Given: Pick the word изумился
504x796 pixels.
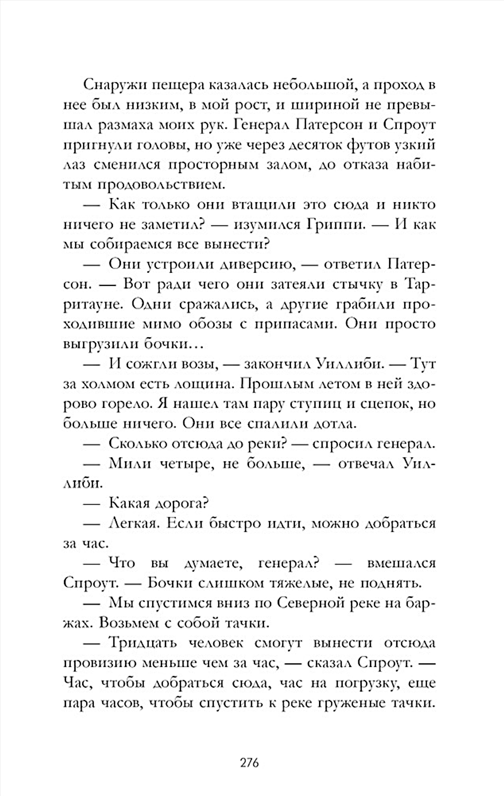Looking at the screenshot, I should [x=259, y=224].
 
